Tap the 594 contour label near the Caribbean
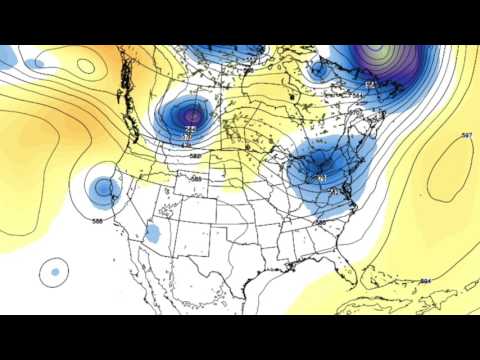tap(425, 282)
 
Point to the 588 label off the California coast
tap(98, 220)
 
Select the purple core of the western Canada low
tap(191, 120)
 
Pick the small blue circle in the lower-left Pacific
tap(55, 270)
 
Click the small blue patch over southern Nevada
tap(154, 234)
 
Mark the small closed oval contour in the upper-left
tap(85, 67)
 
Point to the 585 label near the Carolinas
tap(320, 221)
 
